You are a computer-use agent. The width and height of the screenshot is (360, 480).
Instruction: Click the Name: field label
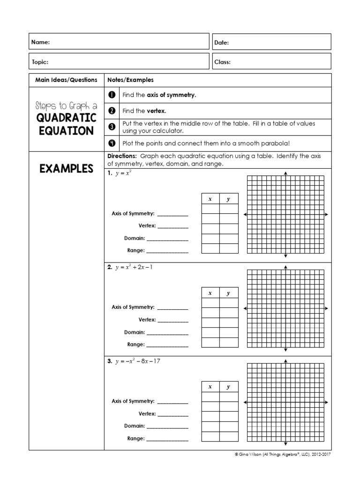40,43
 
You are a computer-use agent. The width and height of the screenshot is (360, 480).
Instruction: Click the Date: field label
221,43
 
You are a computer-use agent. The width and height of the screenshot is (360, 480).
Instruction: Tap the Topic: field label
40,62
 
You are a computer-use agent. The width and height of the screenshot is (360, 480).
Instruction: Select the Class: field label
222,62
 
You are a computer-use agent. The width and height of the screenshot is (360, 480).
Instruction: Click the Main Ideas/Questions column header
66,80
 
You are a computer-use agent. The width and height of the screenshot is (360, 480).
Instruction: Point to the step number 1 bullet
112,95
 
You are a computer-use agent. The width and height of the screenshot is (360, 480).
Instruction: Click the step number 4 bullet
112,143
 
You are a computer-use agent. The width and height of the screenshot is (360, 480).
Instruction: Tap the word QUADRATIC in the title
66,117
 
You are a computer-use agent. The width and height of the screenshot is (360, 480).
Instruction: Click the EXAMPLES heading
66,168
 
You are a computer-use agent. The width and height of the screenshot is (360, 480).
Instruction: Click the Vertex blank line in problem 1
172,226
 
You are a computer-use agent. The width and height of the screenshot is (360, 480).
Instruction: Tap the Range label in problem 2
135,344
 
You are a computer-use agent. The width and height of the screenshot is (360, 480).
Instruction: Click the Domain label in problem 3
134,426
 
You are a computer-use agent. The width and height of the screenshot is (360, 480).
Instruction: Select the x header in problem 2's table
210,293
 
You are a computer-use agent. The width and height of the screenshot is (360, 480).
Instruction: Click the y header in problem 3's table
228,387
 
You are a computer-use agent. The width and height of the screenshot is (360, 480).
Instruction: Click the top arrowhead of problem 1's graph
285,173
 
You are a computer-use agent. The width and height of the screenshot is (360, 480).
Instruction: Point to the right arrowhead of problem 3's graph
326,402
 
